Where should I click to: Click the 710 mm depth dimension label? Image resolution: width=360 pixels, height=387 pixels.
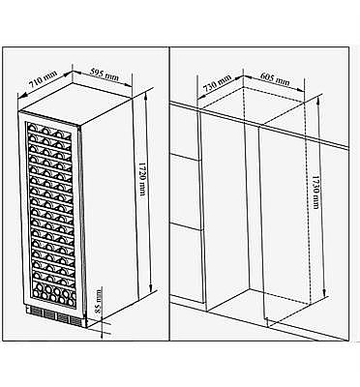[x=43, y=79]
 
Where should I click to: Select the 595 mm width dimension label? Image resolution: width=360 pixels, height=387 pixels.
[x=104, y=74]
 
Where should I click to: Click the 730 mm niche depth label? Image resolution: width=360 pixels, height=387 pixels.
[x=218, y=82]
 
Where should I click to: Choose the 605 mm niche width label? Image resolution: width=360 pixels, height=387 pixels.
[x=275, y=77]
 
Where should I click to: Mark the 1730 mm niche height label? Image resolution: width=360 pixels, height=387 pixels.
[x=315, y=193]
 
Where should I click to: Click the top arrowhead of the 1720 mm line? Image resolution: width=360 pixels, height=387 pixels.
[x=146, y=94]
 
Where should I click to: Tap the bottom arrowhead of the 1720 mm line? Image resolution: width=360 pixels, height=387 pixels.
[x=150, y=288]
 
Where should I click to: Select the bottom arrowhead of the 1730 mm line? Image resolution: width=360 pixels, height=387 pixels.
[x=324, y=293]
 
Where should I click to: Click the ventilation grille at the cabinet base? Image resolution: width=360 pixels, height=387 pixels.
[x=56, y=315]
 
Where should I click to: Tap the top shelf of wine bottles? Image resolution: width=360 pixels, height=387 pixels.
[x=48, y=130]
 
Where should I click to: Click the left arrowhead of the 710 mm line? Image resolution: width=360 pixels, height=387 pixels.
[x=20, y=96]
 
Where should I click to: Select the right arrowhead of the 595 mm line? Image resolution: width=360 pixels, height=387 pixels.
[x=129, y=85]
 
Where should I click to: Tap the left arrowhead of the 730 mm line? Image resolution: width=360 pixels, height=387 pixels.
[x=200, y=97]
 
